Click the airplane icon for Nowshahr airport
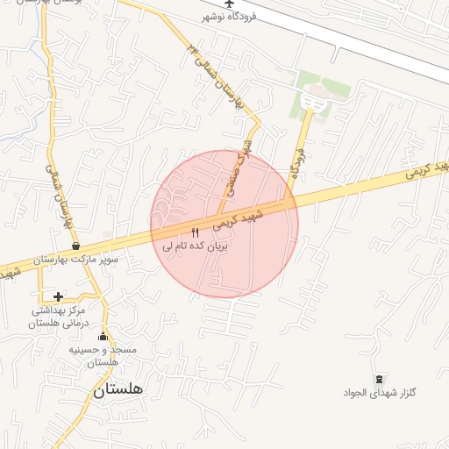pos(230,4)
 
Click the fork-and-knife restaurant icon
pos(195,232)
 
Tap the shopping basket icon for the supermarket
pos(76,246)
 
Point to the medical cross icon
pos(58,296)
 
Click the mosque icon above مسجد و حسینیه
pos(103,336)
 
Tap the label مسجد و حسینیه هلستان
pos(103,356)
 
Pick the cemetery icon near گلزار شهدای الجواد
pos(379,379)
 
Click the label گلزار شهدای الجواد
pos(379,393)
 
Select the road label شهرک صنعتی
pos(245,153)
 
